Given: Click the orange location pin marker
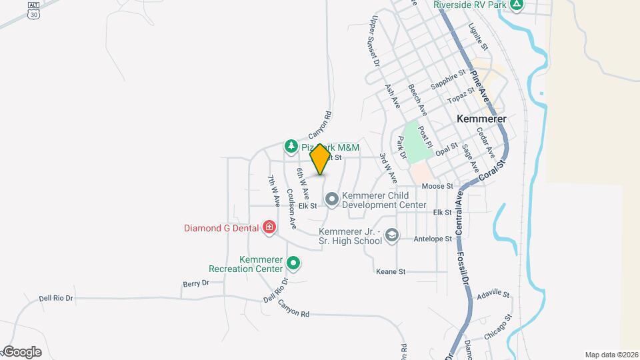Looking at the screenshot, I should [320, 159].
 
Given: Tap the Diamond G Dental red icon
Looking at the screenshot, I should [269, 228].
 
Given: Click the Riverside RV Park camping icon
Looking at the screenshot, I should [516, 5].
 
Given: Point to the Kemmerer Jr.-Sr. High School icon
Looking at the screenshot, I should [393, 235].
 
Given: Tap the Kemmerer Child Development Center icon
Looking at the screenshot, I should [332, 199].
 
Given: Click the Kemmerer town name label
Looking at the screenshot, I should [481, 118].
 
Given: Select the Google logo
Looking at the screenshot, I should [22, 351].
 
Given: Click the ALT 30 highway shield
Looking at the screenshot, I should [33, 10].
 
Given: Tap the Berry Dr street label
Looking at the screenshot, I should [195, 283].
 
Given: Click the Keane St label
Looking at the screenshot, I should [391, 272].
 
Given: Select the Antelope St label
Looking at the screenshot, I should [433, 239].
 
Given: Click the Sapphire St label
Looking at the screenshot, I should [447, 81].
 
